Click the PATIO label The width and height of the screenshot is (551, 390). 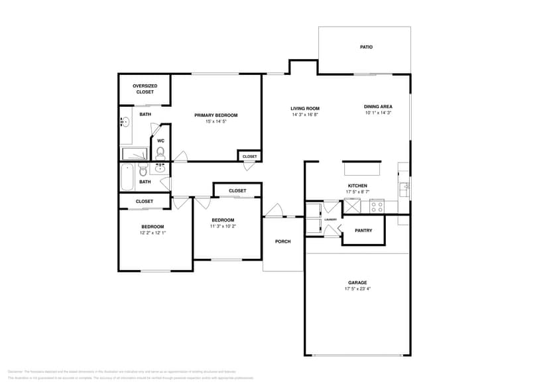[x=366, y=47]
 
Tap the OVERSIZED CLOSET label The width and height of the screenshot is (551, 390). [x=145, y=89]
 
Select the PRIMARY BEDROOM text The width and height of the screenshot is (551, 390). [x=215, y=115]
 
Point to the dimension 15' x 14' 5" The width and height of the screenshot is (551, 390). [x=215, y=121]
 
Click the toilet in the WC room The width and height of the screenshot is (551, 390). [x=160, y=153]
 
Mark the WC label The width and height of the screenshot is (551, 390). [x=160, y=141]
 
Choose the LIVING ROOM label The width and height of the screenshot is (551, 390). [x=305, y=108]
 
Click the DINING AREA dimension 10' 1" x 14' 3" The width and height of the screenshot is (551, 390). [x=378, y=113]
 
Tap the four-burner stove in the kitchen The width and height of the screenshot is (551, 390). [x=377, y=206]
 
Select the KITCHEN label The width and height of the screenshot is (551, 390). [x=357, y=186]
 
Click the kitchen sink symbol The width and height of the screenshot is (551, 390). [x=404, y=186]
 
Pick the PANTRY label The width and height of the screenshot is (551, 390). [x=363, y=230]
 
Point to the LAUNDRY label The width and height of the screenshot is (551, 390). [x=330, y=220]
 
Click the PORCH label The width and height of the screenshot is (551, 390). [x=283, y=241]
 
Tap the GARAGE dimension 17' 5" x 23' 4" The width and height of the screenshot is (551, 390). [x=357, y=289]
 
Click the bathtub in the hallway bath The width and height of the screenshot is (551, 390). [x=127, y=177]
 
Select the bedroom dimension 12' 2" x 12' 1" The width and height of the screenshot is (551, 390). [x=152, y=233]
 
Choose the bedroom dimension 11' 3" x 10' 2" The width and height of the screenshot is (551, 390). [x=223, y=226]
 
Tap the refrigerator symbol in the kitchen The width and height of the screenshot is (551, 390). [x=351, y=206]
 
